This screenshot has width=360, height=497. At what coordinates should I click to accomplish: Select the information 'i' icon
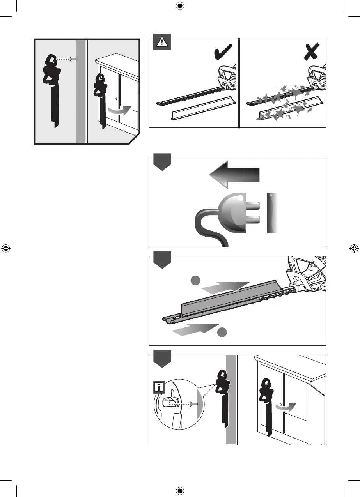[159, 387]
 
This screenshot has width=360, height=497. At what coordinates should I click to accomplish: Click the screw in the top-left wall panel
[72, 59]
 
